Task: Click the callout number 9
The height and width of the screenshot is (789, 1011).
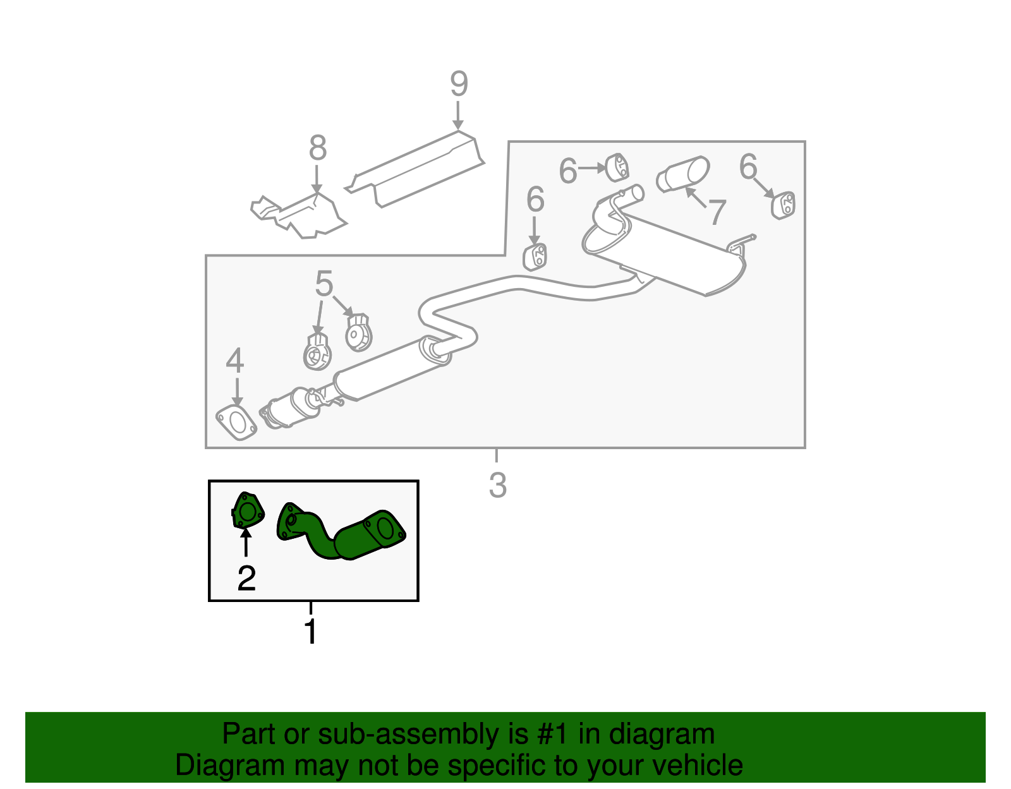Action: point(459,84)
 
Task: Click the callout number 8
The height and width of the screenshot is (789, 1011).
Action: point(318,148)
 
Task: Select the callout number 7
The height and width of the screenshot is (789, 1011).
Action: point(716,212)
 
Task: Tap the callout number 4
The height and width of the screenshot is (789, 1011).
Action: point(235,361)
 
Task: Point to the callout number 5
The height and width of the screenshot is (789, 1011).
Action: point(324,284)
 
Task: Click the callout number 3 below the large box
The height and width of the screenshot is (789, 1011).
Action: point(498,485)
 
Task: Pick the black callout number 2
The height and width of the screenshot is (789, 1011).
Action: point(246,578)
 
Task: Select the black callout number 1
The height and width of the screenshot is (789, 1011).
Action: point(310,632)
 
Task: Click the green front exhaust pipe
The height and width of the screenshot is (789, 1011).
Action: point(341,534)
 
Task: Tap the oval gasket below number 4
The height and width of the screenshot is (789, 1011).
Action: point(236,423)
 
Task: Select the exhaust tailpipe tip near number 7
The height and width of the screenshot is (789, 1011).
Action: point(682,173)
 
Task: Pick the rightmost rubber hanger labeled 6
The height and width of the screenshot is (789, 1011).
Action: point(784,205)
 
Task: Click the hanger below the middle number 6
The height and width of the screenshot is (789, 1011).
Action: point(535,256)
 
